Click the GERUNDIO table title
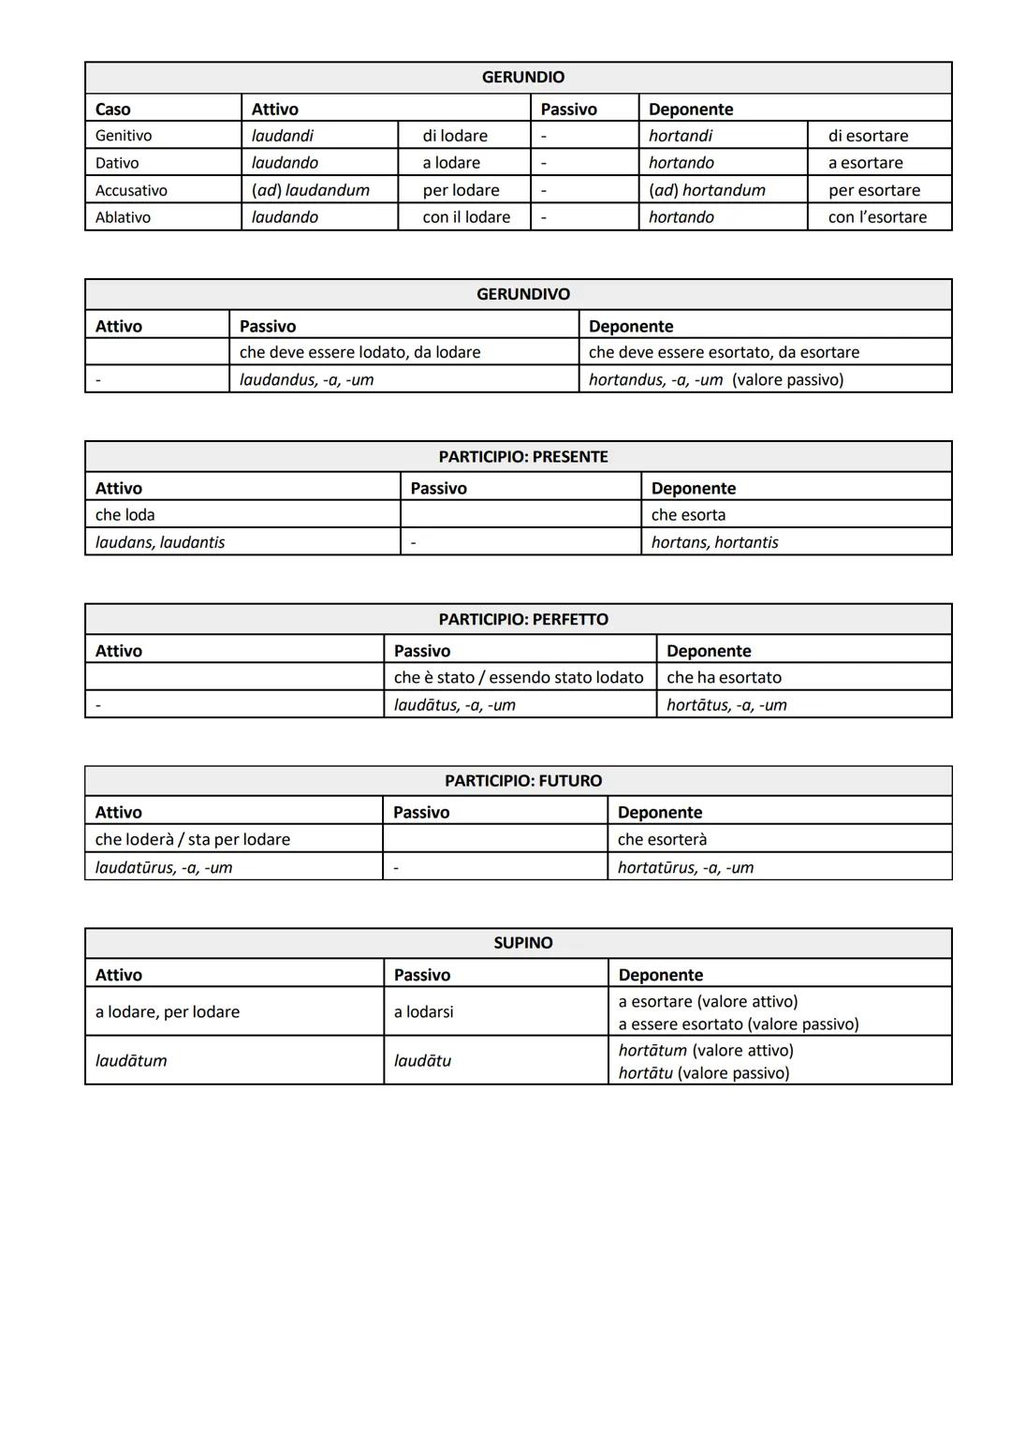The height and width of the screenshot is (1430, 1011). point(522,78)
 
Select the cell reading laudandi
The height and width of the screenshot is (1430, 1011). point(283,136)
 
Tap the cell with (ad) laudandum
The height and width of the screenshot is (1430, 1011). point(310,190)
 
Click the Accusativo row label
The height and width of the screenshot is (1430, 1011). point(131,190)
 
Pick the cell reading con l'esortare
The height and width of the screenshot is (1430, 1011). point(877,217)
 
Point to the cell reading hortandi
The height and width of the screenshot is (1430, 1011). point(681,136)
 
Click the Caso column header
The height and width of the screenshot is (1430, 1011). point(113,109)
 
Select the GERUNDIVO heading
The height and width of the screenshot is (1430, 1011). point(522,294)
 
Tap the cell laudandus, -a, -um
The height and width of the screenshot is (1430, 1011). point(306,379)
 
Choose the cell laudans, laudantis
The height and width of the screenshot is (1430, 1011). point(160,542)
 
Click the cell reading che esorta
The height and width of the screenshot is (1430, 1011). point(688,515)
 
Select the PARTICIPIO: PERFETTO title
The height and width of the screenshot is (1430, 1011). point(522,619)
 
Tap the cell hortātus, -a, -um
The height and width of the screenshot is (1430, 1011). point(726,704)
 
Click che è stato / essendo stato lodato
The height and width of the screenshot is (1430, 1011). point(519,677)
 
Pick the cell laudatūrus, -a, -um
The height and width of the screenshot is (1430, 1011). point(164,867)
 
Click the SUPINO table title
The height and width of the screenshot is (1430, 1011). point(522,943)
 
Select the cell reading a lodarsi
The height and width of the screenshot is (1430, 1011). point(423,1011)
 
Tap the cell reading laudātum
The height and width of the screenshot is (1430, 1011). point(131,1060)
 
